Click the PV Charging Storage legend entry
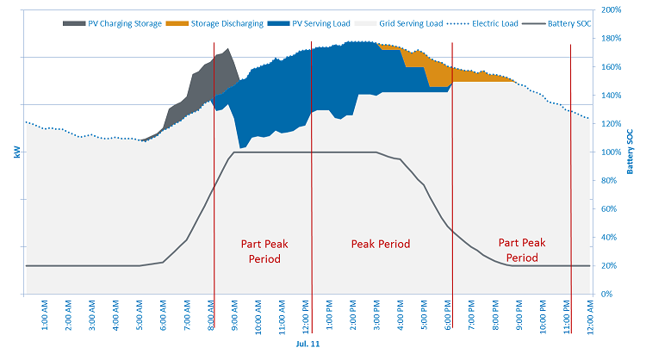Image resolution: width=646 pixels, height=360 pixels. tap(124, 23)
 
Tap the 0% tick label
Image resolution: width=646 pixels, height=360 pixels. tap(606, 295)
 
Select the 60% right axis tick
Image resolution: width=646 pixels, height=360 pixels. tap(609, 209)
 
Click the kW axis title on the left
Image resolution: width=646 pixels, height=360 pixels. tap(15, 152)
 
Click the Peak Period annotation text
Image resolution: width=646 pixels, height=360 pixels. tap(380, 244)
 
